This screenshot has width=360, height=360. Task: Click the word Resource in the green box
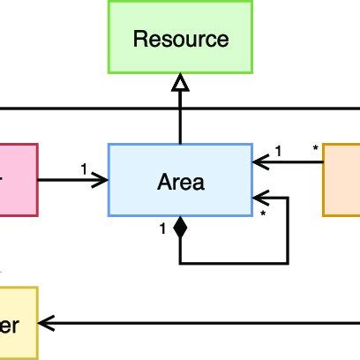coord(180,39)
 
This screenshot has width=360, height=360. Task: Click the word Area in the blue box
coord(180,183)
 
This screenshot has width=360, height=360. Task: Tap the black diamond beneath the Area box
coord(180,229)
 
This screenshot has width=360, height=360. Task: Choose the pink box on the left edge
coord(18,180)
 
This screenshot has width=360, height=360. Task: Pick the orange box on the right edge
coord(342,180)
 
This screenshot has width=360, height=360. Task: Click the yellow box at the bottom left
coord(18,323)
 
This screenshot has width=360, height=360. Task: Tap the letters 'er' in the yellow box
coord(10,326)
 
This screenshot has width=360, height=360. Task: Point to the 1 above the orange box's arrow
coord(279,150)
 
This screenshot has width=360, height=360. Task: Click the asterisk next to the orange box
coord(315,150)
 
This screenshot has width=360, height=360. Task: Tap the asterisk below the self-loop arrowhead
coord(263,214)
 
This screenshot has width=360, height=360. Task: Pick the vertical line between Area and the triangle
coord(180,119)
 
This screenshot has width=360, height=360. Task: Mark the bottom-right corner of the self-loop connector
coord(288,263)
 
